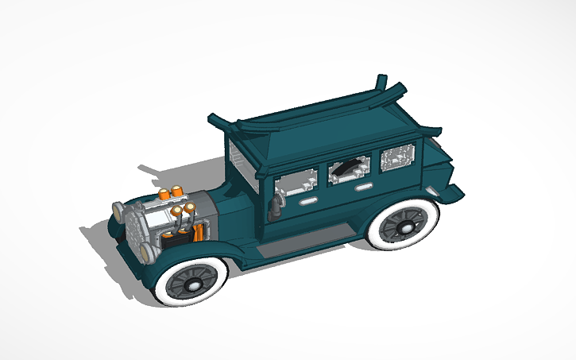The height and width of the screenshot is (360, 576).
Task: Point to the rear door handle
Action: click(363, 187)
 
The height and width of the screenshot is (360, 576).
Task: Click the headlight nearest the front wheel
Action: click(147, 253)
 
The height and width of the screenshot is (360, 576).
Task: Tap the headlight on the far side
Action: click(118, 211)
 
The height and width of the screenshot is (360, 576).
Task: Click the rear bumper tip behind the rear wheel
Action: click(451, 192)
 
